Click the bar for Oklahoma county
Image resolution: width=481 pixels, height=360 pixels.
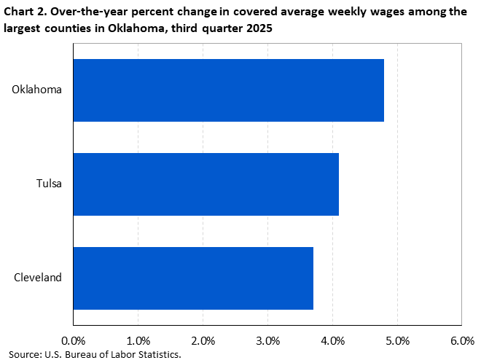[x=228, y=90]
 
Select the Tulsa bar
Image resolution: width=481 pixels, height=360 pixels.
[x=206, y=184]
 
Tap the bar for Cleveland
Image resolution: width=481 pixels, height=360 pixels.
[x=193, y=278]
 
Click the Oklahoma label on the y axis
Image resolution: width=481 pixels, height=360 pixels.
[x=37, y=90]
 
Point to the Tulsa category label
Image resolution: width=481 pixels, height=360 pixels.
[x=49, y=184]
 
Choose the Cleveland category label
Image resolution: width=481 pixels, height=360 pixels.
[x=38, y=278]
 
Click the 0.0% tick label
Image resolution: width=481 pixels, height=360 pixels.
[x=73, y=340]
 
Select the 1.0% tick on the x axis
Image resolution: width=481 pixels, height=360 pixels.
[x=138, y=340]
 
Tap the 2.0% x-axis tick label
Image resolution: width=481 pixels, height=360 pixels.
[x=203, y=340]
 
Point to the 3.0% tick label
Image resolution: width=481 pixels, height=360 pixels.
[x=267, y=340]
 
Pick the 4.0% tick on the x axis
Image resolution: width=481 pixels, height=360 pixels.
[x=332, y=340]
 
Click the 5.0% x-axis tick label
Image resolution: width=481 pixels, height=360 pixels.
[x=397, y=340]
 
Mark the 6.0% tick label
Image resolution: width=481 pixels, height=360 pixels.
[x=462, y=340]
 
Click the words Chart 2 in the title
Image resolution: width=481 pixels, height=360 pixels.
[x=22, y=10]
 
